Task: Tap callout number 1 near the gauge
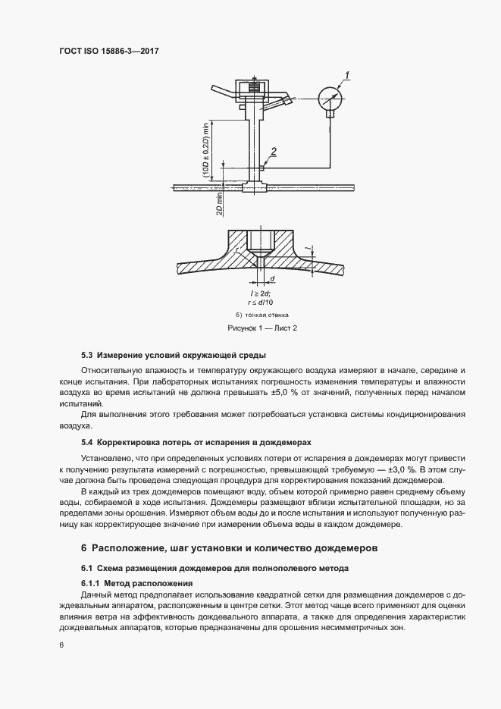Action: [x=346, y=74]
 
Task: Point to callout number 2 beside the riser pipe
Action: [x=274, y=151]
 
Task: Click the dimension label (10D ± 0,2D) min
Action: [x=205, y=152]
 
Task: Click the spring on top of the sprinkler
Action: [x=255, y=89]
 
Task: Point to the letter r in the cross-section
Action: [x=237, y=248]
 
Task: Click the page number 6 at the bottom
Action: [x=60, y=645]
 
